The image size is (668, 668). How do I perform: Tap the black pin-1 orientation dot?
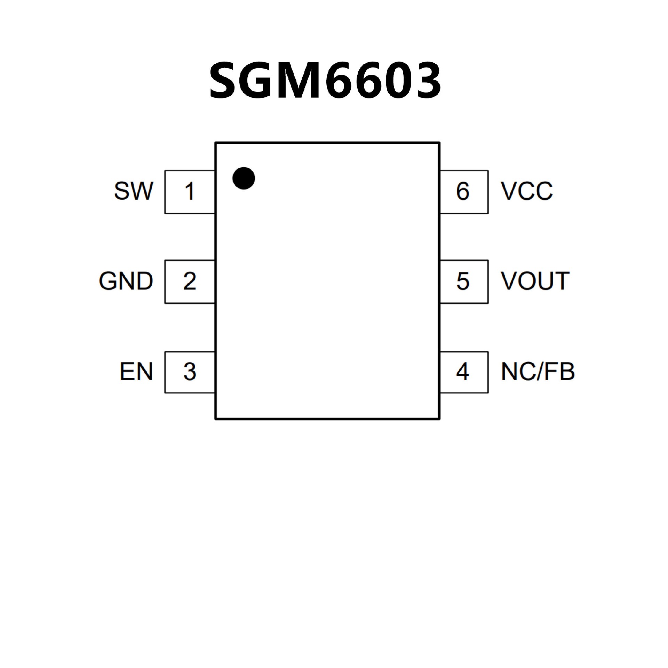point(244,178)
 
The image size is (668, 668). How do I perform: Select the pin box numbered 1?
point(190,192)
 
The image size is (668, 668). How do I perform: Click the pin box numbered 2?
point(190,281)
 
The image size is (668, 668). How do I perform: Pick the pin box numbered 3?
point(190,372)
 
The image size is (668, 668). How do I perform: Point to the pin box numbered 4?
point(464,372)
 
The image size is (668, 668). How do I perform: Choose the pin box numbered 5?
point(464,281)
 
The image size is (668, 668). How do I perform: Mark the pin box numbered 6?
point(464,192)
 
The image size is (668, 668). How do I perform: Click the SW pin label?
point(134,191)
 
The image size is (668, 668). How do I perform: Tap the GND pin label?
point(126,281)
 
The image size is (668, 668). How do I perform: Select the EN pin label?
point(136,372)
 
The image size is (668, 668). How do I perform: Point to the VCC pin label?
point(527,191)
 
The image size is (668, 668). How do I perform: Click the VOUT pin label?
point(535,281)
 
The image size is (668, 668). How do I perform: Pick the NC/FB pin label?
point(538,372)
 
